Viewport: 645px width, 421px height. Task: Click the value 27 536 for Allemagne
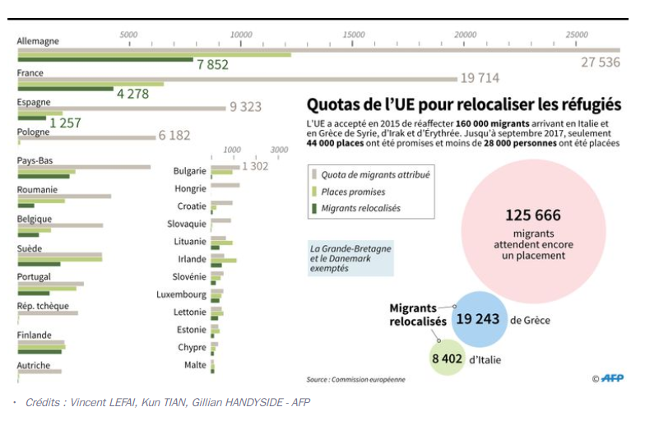click(x=600, y=62)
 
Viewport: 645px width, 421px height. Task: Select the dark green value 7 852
click(x=212, y=65)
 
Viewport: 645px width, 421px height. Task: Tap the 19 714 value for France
click(x=480, y=78)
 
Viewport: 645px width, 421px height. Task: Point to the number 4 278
click(x=132, y=94)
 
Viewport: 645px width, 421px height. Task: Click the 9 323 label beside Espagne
click(x=245, y=107)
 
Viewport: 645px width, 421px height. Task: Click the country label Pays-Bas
click(x=35, y=160)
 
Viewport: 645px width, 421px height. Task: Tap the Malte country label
click(x=195, y=365)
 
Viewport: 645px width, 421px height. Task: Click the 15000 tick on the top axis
click(x=353, y=35)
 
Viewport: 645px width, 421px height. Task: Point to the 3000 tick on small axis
click(x=280, y=150)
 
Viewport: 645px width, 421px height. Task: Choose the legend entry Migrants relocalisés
click(x=360, y=209)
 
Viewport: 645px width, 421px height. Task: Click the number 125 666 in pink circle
click(x=532, y=215)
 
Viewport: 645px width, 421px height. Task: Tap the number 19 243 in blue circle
click(x=477, y=319)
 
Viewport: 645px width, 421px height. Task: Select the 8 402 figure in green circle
click(x=449, y=359)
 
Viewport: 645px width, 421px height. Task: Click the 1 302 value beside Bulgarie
click(x=255, y=166)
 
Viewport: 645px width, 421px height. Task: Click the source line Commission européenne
click(x=355, y=380)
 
